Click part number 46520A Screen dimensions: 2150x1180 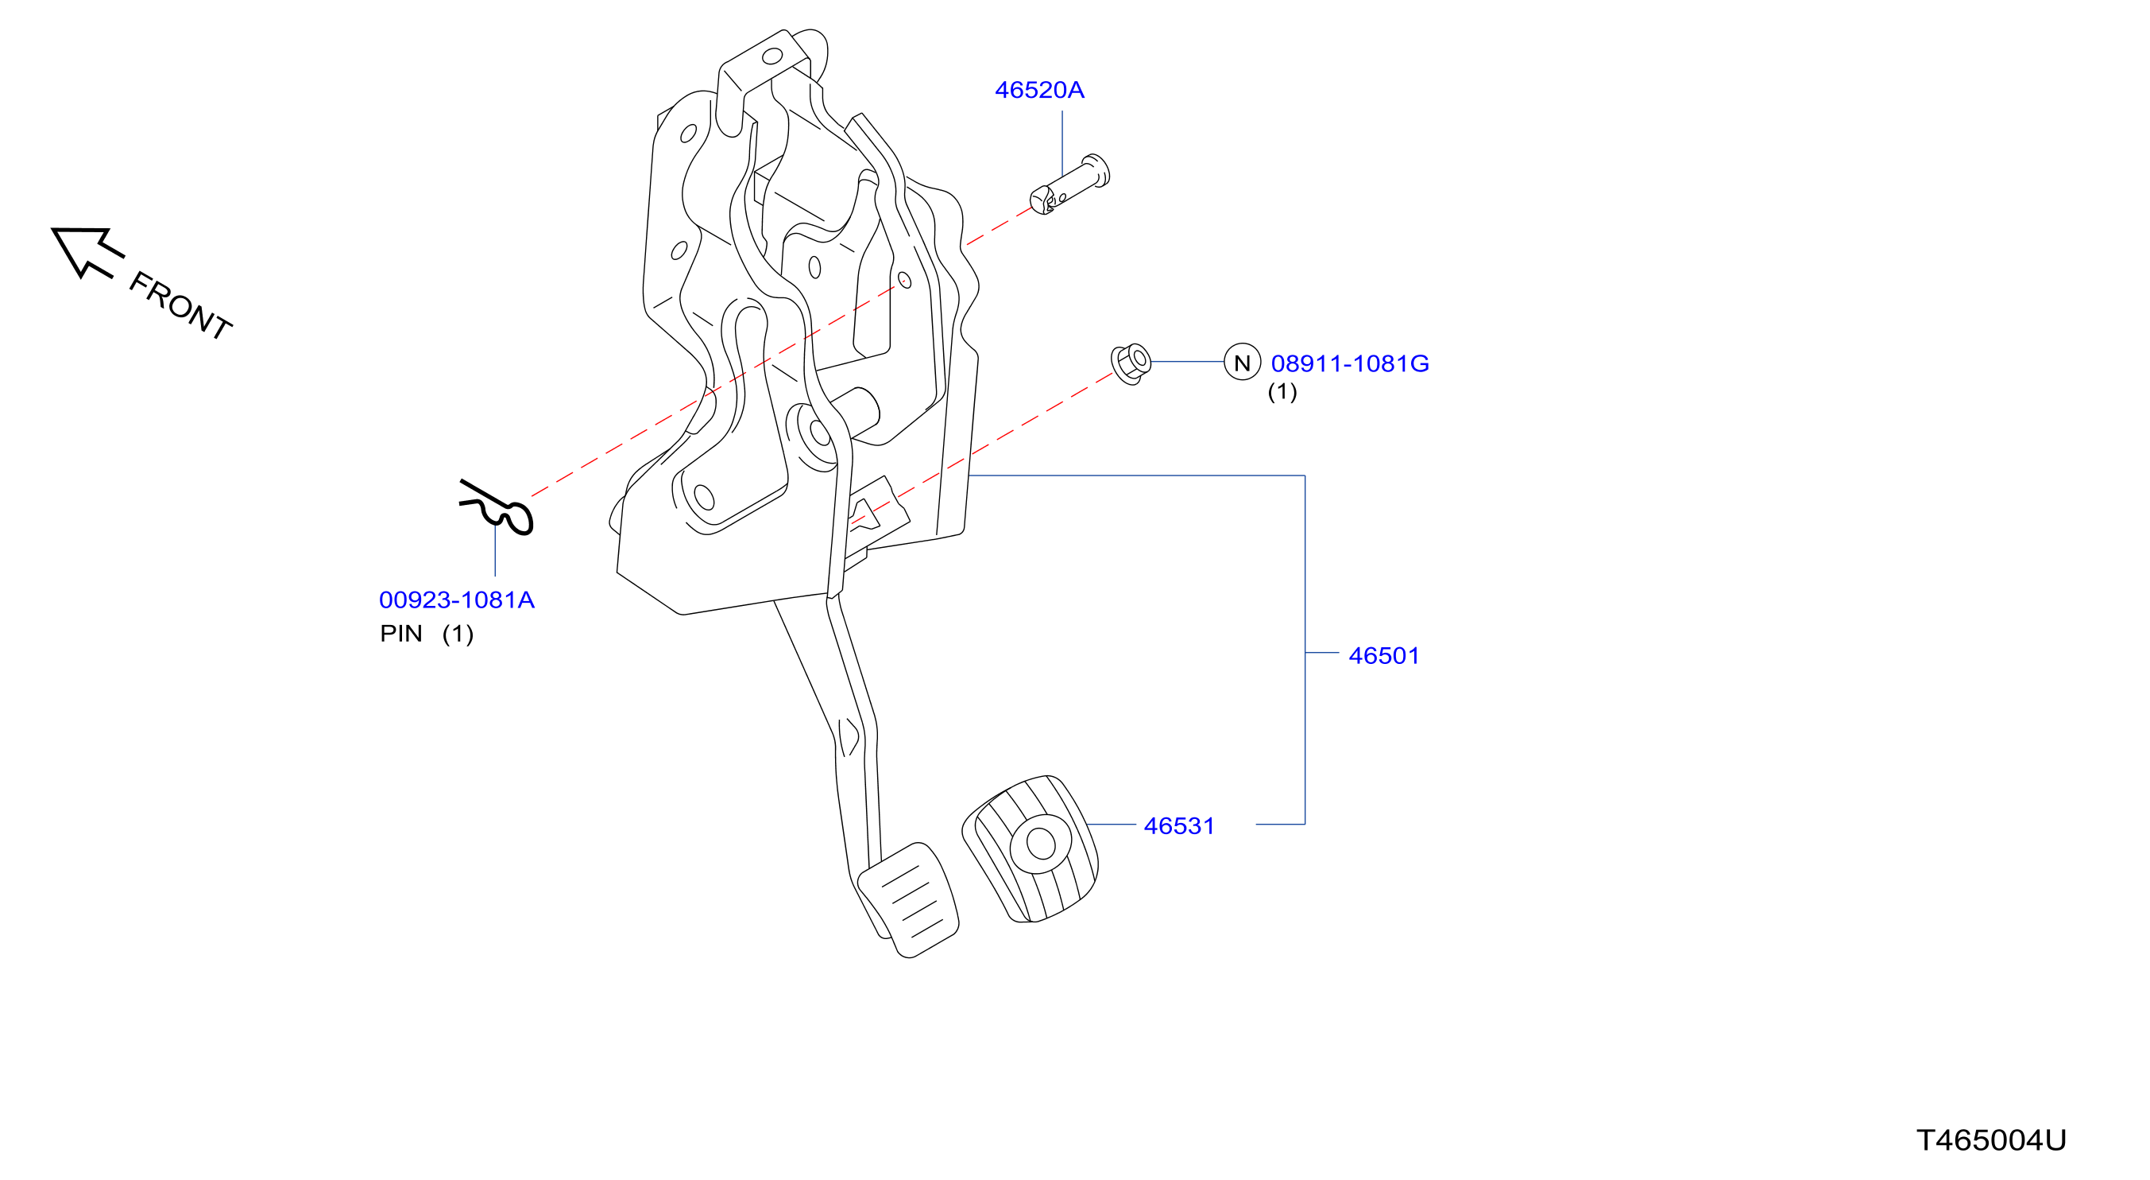[x=1039, y=90]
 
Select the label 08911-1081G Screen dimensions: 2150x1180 [x=1350, y=364]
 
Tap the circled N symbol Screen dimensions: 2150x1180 [x=1242, y=363]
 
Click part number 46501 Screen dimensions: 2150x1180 [x=1384, y=656]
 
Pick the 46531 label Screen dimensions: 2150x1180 [x=1179, y=827]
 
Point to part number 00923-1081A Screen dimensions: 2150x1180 [x=457, y=600]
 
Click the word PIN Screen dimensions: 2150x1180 [x=400, y=635]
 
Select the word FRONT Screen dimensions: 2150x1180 [x=180, y=305]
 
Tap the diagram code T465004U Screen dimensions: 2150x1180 [x=1991, y=1141]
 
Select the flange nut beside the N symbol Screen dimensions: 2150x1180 [x=1131, y=363]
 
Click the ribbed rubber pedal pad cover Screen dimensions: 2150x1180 [x=1030, y=849]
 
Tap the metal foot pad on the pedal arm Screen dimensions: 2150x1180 [x=908, y=900]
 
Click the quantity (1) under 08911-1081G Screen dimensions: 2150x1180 [x=1282, y=392]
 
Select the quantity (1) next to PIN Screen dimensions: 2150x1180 [x=458, y=635]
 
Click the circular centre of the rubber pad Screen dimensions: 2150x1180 [x=1041, y=844]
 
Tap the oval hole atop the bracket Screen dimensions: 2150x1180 [x=772, y=56]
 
